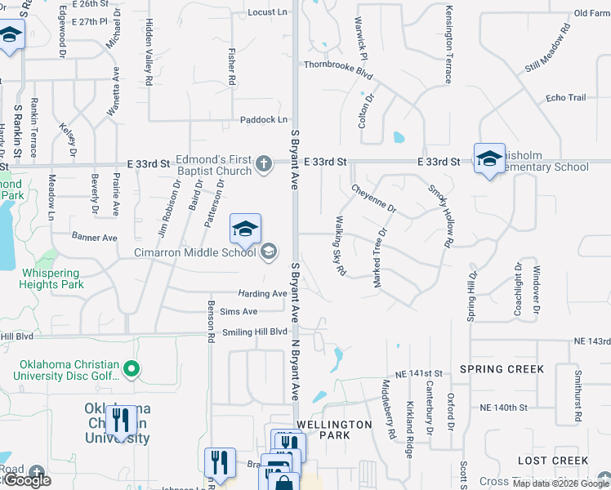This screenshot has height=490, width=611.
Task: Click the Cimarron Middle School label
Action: coord(195,252)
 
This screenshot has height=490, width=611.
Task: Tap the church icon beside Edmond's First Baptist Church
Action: coord(263,163)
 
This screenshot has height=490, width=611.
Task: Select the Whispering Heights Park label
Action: coord(51,278)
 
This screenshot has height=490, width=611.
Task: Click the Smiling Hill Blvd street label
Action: coord(255,332)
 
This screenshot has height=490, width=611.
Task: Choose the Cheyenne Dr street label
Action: coord(373,198)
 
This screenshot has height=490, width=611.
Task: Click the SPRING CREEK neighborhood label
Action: coord(502,369)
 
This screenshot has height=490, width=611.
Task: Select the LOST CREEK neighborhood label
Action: coord(553,461)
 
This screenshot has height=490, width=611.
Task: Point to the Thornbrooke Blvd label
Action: coord(338,69)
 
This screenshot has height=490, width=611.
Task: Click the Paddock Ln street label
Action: coord(264,119)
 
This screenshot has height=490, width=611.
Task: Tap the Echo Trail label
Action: coord(566,98)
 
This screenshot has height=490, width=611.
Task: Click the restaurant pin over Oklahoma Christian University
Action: coord(121,421)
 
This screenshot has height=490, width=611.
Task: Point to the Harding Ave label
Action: coord(262,294)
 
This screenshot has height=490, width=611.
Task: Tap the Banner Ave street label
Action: coord(95,238)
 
